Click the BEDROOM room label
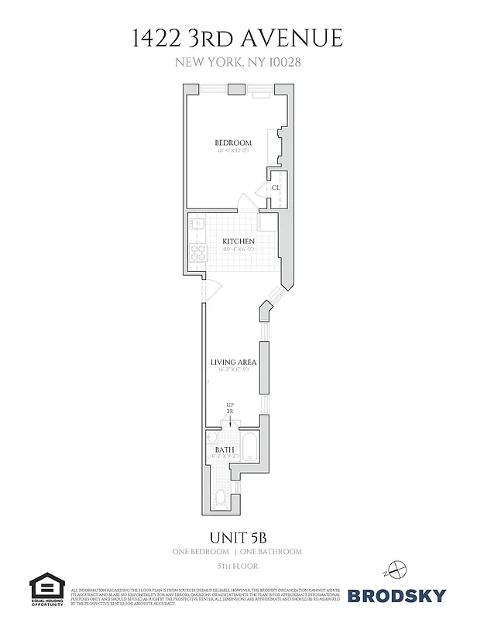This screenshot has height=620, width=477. click(233, 143)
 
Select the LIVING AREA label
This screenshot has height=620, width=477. click(233, 362)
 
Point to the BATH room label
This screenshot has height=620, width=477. click(225, 449)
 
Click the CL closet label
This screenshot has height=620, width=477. click(276, 188)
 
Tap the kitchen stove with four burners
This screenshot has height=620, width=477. click(196, 253)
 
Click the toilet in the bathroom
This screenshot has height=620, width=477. click(221, 497)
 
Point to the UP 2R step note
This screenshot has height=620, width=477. click(230, 408)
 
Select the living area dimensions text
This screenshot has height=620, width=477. click(233, 370)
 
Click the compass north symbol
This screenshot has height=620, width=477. click(396, 569)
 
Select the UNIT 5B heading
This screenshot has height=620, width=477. click(238, 536)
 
